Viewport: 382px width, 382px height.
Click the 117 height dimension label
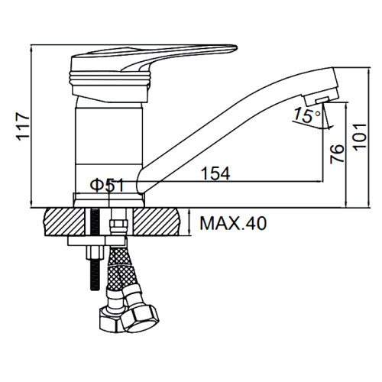coord(23,127)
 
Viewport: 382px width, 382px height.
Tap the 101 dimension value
coord(361,137)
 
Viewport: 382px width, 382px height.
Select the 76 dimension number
coord(337,154)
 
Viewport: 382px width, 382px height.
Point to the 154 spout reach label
coord(215,173)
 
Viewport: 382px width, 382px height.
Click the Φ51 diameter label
coord(107,185)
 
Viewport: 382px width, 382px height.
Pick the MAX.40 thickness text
coord(233,223)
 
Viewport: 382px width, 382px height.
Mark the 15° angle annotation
coord(306,115)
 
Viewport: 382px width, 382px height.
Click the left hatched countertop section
coord(65,222)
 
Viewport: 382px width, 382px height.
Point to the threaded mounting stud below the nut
coord(95,274)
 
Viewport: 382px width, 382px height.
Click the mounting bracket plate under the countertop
coord(96,241)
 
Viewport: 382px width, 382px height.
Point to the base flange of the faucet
coord(108,200)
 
